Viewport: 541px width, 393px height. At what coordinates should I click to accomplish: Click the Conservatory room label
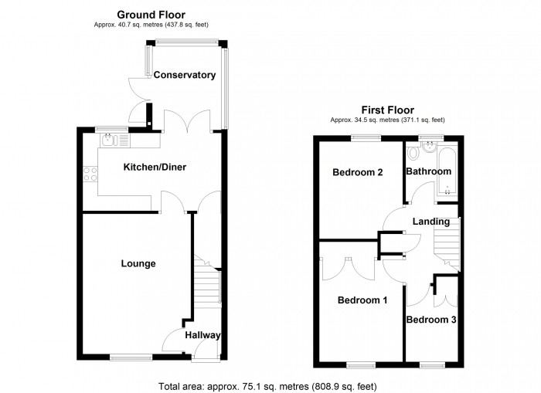[x=184, y=75]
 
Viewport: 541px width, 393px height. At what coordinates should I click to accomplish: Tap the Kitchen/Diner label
[x=155, y=167]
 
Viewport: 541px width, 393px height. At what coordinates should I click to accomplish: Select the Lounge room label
[x=138, y=264]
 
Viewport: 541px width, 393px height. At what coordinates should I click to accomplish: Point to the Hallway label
[x=202, y=335]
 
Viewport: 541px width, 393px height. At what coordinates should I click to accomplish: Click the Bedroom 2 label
[x=358, y=172]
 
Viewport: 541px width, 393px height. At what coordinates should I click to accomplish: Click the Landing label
[x=431, y=222]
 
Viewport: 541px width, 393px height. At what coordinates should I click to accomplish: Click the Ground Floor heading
[x=151, y=14]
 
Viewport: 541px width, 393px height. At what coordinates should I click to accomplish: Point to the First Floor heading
[x=387, y=110]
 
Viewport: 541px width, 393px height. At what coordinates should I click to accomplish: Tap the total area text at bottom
[x=267, y=385]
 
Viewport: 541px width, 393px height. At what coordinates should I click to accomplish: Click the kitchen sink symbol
[x=109, y=140]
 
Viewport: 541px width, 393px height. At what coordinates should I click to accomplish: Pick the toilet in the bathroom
[x=415, y=152]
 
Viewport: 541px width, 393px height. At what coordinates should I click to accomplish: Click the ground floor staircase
[x=206, y=285]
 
